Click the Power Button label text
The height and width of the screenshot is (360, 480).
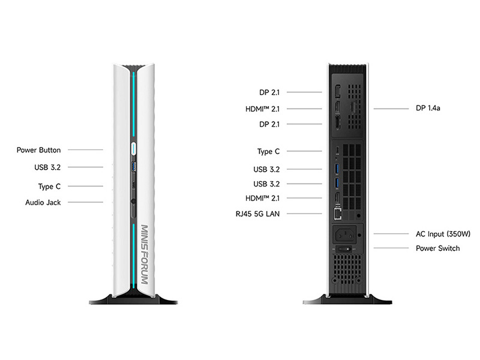(38, 150)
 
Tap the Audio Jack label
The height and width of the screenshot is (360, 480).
(43, 202)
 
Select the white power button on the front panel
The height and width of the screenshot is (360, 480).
(134, 149)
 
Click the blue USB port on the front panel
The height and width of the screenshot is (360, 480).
(134, 167)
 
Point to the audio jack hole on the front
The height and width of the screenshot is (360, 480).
(133, 201)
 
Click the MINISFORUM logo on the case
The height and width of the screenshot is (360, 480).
(145, 254)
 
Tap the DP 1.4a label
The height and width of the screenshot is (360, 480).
(428, 108)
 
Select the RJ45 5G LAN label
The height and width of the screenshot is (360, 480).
(257, 214)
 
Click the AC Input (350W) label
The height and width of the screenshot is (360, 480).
(443, 234)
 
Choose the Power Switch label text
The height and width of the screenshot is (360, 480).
(438, 248)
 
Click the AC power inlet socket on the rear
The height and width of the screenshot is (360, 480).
(346, 235)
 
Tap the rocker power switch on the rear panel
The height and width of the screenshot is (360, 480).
(344, 249)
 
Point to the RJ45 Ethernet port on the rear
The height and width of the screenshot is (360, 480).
(337, 213)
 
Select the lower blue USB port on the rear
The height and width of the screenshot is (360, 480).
(337, 183)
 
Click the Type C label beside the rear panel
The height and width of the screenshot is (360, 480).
(268, 152)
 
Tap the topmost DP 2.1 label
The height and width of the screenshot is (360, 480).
(269, 92)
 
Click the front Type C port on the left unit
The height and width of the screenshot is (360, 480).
(133, 185)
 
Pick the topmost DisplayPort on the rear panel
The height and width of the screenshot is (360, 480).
(337, 92)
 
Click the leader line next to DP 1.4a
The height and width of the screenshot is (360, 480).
(391, 109)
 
